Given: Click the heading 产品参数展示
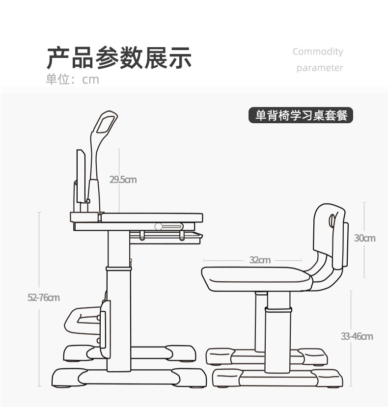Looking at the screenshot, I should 119,58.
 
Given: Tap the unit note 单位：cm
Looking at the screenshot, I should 73,80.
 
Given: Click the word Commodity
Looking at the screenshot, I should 318,52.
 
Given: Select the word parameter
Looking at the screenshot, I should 319,68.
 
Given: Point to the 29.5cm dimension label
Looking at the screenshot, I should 123,180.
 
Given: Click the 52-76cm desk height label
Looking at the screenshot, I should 44,298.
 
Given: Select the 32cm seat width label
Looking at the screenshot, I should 260,260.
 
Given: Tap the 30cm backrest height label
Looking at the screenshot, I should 364,238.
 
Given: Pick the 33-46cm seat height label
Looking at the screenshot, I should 357,336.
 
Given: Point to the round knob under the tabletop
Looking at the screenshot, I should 158,226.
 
